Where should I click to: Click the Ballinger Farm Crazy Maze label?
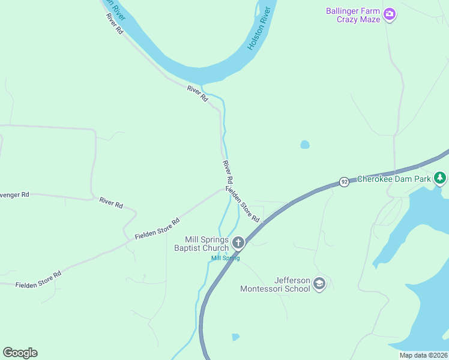[353, 15]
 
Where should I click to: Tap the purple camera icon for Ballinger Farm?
[390, 14]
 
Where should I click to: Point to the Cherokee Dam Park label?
[394, 179]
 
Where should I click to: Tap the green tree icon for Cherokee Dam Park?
[441, 178]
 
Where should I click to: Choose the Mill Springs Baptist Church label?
[201, 244]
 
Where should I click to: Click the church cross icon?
[238, 243]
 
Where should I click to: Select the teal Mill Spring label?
[225, 258]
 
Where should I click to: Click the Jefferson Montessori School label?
[275, 284]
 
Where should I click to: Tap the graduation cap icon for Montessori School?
[319, 284]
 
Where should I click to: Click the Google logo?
[20, 352]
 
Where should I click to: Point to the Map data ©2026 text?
[423, 355]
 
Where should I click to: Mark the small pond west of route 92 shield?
[305, 145]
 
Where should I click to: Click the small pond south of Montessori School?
[235, 337]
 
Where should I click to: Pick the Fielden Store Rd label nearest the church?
[243, 204]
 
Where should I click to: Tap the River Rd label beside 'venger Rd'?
[111, 203]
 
